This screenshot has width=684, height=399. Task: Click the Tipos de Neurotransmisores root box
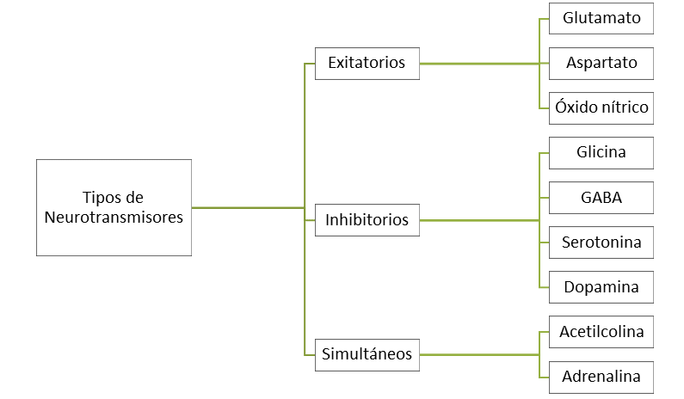[114, 207]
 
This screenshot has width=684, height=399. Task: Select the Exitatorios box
[367, 63]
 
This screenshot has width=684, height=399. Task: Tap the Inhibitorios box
[367, 220]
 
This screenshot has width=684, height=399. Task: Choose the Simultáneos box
[367, 353]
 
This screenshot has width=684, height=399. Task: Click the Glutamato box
[601, 18]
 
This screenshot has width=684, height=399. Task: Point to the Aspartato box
[601, 63]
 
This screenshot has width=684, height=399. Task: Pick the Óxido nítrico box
[601, 108]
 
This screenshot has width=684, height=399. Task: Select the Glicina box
[601, 153]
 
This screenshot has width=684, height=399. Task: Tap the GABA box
[601, 198]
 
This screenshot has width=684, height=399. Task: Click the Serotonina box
[601, 242]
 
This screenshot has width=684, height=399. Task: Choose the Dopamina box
[601, 287]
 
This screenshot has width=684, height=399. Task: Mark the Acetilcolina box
[601, 332]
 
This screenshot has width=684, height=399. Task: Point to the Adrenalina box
[601, 377]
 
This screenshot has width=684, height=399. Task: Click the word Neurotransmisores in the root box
[114, 218]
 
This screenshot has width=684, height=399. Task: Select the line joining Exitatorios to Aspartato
[482, 64]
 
